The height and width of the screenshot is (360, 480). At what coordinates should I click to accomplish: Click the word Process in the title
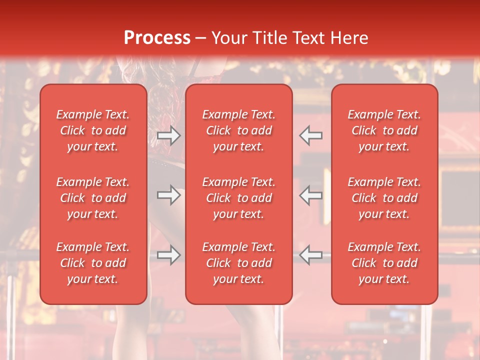point(157,38)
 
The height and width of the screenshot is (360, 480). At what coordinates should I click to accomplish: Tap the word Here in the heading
point(348,38)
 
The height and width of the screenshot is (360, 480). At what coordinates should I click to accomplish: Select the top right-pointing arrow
point(168,135)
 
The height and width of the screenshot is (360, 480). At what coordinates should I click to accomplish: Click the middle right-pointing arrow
point(168,195)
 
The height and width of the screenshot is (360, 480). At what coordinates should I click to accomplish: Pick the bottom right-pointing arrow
point(168,255)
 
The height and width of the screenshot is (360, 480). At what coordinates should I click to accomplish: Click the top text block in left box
point(93,130)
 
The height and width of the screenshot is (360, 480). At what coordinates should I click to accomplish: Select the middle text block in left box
point(93,198)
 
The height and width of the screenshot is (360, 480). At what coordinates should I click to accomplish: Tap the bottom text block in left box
point(93,263)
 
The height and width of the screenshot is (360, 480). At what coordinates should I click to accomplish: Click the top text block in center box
point(238,130)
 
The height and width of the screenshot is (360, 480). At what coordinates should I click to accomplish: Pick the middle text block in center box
point(238,198)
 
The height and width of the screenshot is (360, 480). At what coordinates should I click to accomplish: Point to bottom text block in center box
point(238,263)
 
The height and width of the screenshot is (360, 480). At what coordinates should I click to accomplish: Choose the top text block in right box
point(384,130)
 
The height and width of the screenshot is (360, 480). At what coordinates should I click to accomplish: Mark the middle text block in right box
point(384,198)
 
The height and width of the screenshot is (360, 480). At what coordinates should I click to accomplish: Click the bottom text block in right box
point(384,263)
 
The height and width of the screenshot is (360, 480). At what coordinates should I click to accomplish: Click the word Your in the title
point(229,38)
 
